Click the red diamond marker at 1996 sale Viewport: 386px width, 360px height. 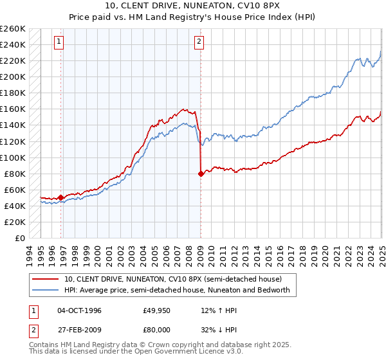(x=61, y=198)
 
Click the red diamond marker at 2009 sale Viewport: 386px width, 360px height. (x=201, y=174)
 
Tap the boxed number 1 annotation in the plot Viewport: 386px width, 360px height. (x=59, y=42)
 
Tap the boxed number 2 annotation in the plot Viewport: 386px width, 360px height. (x=199, y=42)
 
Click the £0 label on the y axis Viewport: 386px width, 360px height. (x=19, y=239)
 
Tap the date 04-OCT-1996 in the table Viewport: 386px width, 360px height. (x=79, y=310)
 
